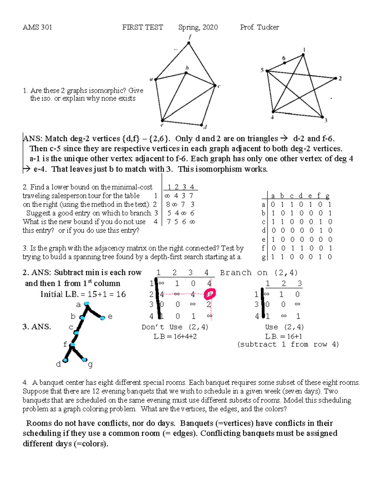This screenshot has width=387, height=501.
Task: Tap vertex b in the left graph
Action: click(186, 73)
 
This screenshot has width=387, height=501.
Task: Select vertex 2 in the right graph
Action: click(335, 78)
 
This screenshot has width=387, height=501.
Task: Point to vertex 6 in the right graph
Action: click(284, 63)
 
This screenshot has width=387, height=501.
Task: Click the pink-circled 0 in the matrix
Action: click(210, 294)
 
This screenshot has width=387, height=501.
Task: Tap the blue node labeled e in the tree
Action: click(102, 318)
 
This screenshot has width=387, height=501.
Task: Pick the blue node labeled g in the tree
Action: click(84, 359)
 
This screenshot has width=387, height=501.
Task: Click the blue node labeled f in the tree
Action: click(73, 345)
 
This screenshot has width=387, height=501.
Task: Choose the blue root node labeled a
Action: click(86, 304)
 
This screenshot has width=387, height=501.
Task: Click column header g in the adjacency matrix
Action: click(328, 196)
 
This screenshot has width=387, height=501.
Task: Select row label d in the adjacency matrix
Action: click(264, 230)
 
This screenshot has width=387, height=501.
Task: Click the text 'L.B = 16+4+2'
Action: click(175, 336)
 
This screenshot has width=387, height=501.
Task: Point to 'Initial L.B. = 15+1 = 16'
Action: click(83, 294)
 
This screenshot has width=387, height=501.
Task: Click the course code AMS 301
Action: click(37, 27)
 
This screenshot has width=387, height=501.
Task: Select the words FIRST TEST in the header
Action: click(143, 27)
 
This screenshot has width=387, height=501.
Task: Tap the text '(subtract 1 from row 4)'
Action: click(288, 344)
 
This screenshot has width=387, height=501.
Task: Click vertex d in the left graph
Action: click(201, 125)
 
